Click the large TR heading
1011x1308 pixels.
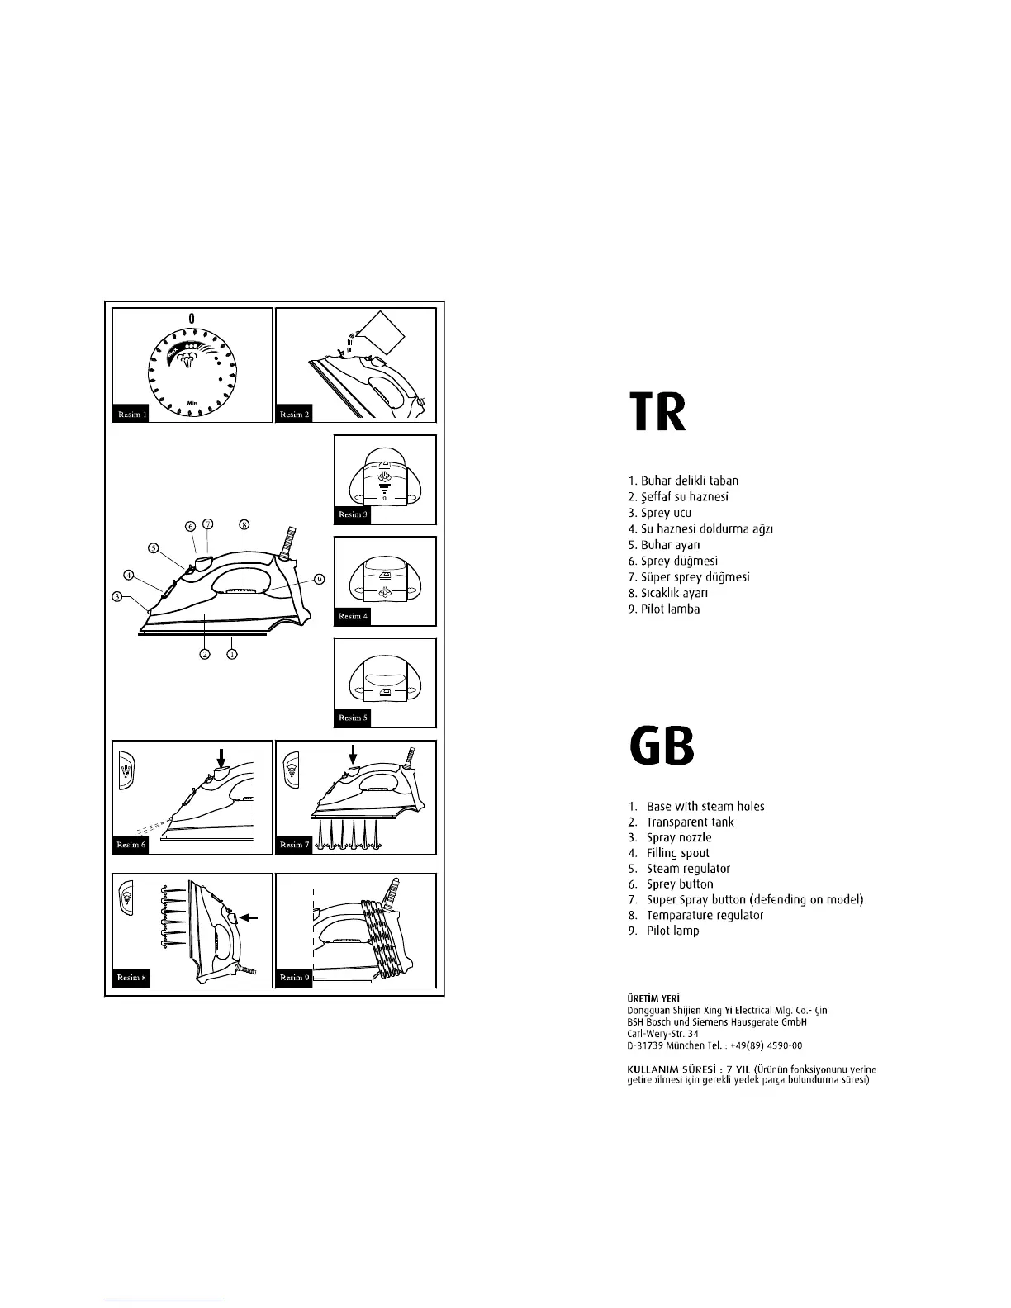click(657, 415)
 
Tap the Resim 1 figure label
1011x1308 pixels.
click(130, 414)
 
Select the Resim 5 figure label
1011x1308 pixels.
click(353, 718)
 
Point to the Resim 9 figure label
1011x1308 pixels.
click(294, 977)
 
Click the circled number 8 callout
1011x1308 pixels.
click(243, 524)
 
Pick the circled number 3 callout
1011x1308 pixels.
click(118, 596)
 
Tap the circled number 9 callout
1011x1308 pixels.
click(319, 579)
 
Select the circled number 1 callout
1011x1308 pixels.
click(232, 654)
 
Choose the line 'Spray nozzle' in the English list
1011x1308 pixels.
click(678, 837)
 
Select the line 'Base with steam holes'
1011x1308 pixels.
click(705, 806)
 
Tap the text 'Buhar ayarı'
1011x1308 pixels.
click(664, 545)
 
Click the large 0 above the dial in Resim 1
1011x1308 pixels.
click(192, 318)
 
